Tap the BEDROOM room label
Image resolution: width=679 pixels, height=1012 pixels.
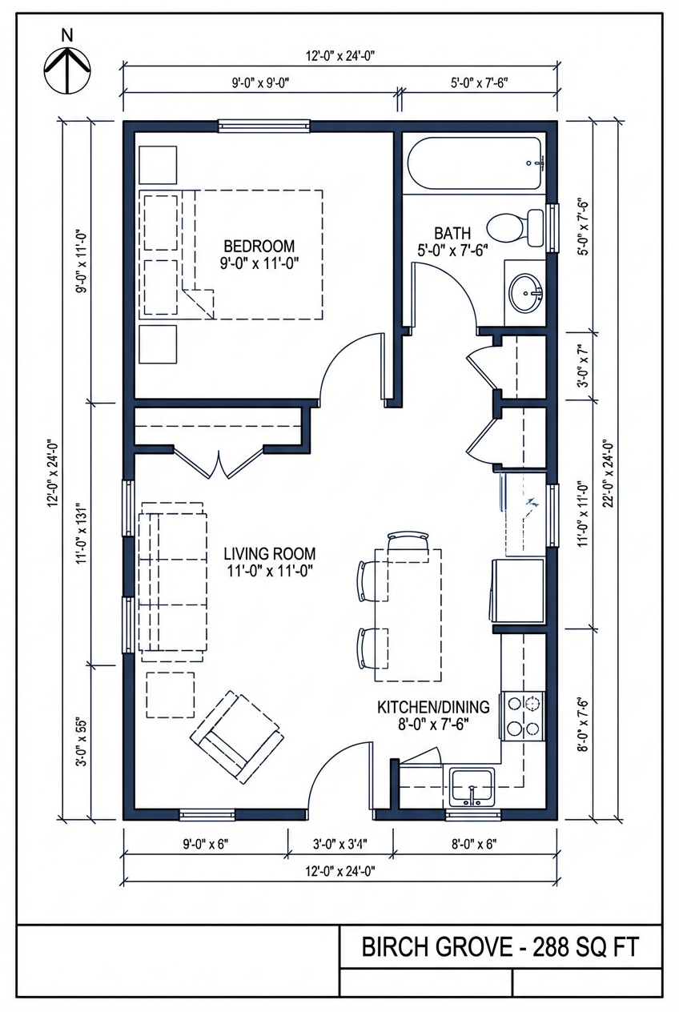click(x=259, y=255)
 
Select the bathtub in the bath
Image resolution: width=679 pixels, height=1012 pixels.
click(x=475, y=163)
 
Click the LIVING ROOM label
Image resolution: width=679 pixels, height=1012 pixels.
click(x=269, y=561)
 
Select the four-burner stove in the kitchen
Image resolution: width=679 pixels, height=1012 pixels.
click(x=523, y=715)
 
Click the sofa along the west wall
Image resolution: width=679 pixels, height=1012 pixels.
click(x=172, y=580)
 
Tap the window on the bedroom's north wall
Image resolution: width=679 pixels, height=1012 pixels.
click(x=264, y=126)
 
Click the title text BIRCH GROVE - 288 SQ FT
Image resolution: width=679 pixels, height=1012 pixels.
click(x=500, y=947)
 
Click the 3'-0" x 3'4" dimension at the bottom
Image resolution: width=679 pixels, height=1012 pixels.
click(x=340, y=843)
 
